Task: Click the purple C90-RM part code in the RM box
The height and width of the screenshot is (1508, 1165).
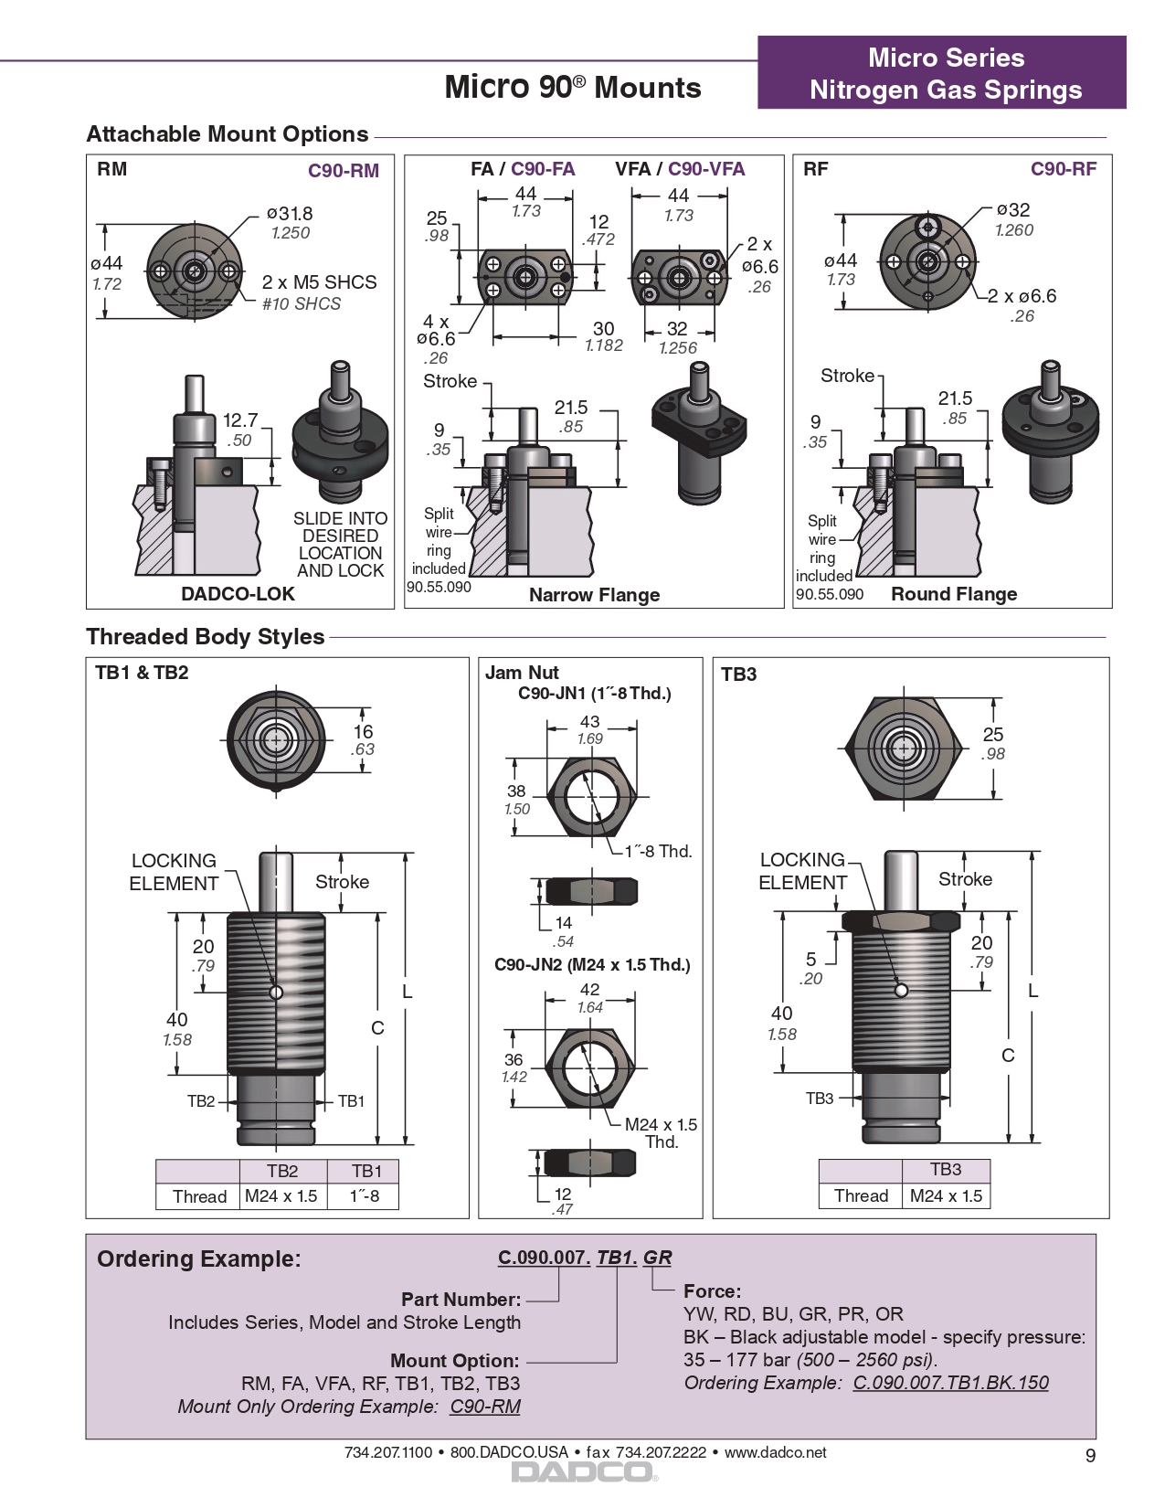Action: click(x=343, y=171)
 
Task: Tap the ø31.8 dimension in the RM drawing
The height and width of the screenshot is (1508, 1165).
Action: click(x=290, y=214)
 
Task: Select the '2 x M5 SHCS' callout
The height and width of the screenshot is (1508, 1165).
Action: click(x=319, y=282)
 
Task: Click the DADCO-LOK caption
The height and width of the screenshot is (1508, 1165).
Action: click(x=238, y=594)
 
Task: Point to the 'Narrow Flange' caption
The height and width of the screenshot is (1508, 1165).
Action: click(x=594, y=595)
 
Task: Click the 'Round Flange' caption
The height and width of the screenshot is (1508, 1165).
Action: click(x=954, y=594)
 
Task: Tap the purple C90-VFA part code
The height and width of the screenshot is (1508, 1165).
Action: click(x=705, y=169)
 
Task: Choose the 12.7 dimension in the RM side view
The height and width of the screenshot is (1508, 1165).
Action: click(x=240, y=420)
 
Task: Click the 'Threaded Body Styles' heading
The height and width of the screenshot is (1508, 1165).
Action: click(x=206, y=637)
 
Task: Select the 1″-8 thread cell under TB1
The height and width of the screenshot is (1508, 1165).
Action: click(x=365, y=1195)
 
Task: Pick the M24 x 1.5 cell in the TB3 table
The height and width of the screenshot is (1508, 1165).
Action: click(x=946, y=1195)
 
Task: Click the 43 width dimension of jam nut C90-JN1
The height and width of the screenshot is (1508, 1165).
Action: click(x=590, y=722)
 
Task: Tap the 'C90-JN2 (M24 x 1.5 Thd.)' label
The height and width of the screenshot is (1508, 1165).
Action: click(x=592, y=965)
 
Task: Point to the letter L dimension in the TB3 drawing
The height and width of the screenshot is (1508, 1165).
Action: click(x=1033, y=991)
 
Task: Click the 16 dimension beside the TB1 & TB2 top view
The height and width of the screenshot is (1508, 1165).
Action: click(x=364, y=732)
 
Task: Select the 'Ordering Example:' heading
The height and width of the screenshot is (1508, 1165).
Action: click(x=198, y=1259)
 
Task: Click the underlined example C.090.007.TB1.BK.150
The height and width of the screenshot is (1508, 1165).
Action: click(x=950, y=1383)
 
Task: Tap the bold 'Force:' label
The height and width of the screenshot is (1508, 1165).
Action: click(x=712, y=1291)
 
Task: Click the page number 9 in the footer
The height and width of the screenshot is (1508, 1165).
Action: click(x=1090, y=1456)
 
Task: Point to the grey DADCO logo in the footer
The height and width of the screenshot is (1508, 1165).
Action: click(x=583, y=1472)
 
